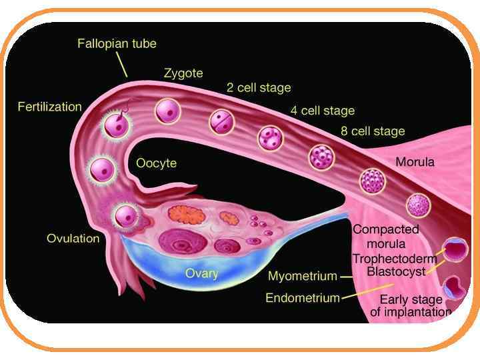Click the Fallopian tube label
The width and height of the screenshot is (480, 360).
(x=117, y=44)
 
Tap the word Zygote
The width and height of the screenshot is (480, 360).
(x=183, y=73)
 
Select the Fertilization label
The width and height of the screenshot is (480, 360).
(x=49, y=107)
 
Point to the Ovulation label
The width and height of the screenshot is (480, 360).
(x=73, y=238)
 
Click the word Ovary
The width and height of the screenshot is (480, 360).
(x=201, y=273)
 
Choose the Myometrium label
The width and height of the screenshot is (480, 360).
(x=301, y=275)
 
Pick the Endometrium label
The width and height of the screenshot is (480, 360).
(x=303, y=298)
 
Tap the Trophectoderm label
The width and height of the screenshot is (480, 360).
(x=395, y=259)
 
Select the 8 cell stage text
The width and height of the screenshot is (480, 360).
(x=373, y=131)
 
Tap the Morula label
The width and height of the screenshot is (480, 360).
(x=415, y=162)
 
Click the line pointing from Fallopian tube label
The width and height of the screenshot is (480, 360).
(x=121, y=65)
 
